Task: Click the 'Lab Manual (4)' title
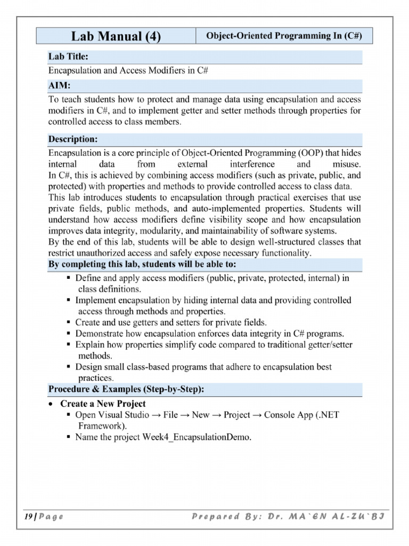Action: pyautogui.click(x=116, y=36)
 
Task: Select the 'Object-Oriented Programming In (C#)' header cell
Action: pyautogui.click(x=284, y=36)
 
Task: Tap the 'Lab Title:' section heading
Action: pyautogui.click(x=68, y=57)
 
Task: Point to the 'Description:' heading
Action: pyautogui.click(x=73, y=139)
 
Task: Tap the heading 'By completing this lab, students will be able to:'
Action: pyautogui.click(x=142, y=264)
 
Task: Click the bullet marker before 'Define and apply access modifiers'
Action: pyautogui.click(x=69, y=278)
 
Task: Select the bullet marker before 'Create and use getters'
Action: pyautogui.click(x=69, y=323)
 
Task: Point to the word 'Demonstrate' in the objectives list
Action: pyautogui.click(x=99, y=334)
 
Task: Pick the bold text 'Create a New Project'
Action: pyautogui.click(x=103, y=404)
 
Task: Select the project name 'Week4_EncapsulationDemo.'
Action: pyautogui.click(x=197, y=437)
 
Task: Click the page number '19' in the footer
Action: pyautogui.click(x=28, y=517)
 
